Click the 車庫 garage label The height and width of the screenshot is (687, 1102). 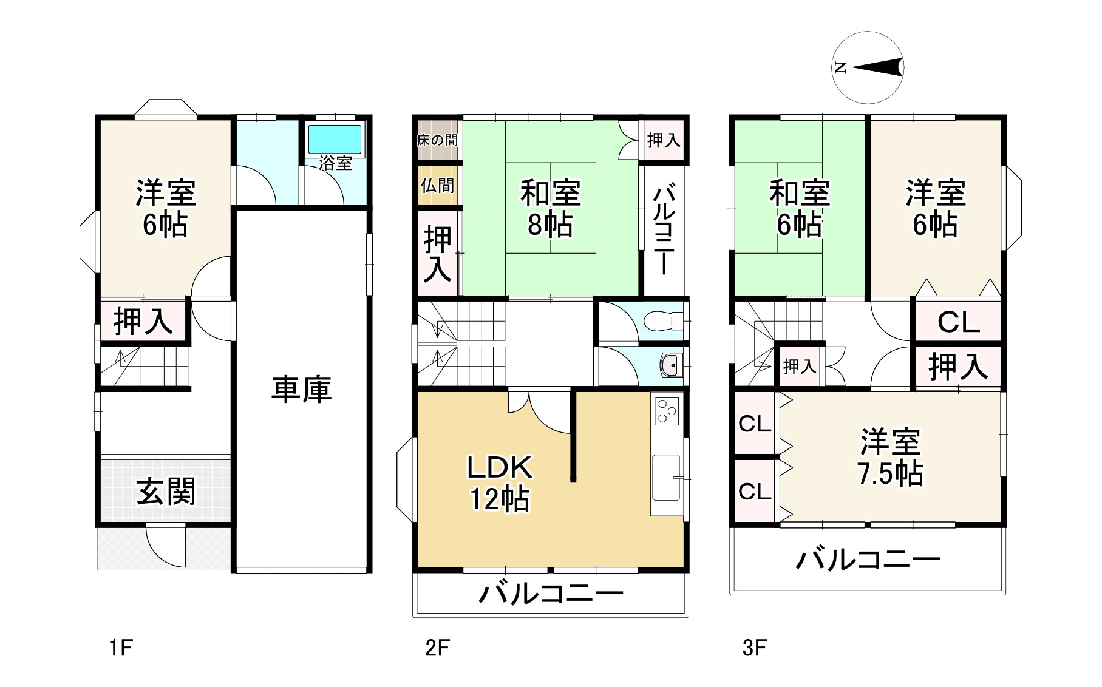point(301,389)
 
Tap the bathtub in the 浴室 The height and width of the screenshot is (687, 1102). point(335,140)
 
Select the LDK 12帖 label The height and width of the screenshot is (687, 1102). point(499,483)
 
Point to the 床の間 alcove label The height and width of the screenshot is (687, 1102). point(437,140)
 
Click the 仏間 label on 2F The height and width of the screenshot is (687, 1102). point(437,185)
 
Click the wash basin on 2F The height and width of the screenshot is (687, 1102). point(670,365)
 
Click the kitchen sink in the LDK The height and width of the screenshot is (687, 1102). point(666,477)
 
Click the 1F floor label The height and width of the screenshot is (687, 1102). point(121,648)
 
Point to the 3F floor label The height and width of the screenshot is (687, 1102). point(754,648)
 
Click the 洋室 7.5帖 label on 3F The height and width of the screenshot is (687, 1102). point(890,458)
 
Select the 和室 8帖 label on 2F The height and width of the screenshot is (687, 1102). point(550,208)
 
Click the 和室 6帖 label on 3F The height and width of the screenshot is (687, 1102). point(799,208)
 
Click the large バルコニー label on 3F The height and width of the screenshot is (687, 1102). point(868,559)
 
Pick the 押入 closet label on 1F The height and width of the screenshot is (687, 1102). point(143,321)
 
